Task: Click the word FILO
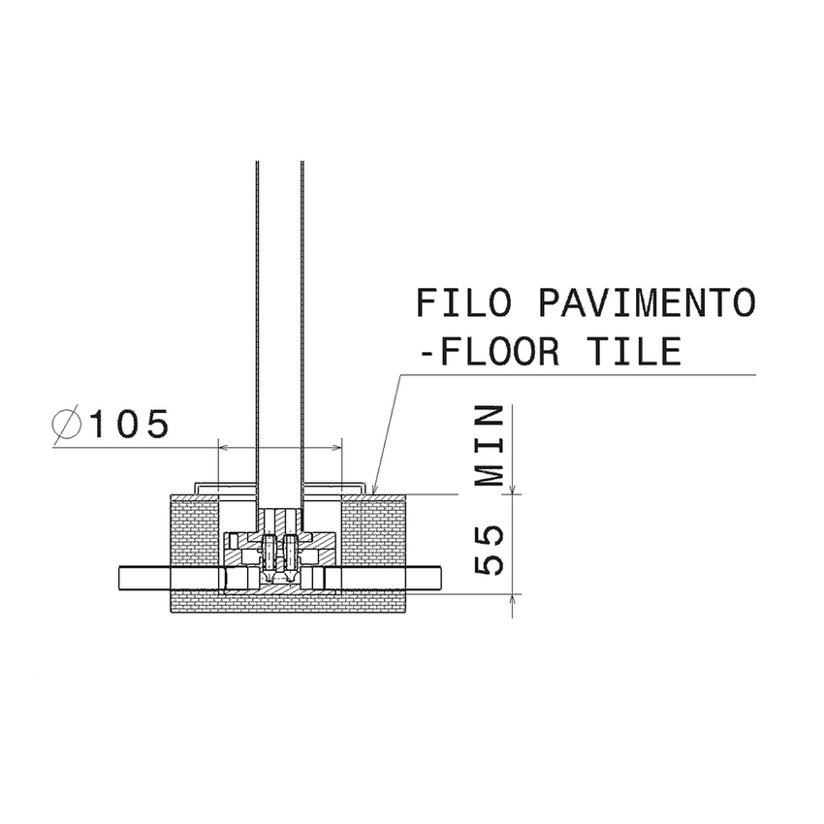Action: (x=463, y=302)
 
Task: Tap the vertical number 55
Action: (x=491, y=551)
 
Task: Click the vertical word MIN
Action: (x=491, y=447)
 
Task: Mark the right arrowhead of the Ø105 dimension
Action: (x=338, y=448)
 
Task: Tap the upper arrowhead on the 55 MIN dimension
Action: (x=512, y=489)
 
